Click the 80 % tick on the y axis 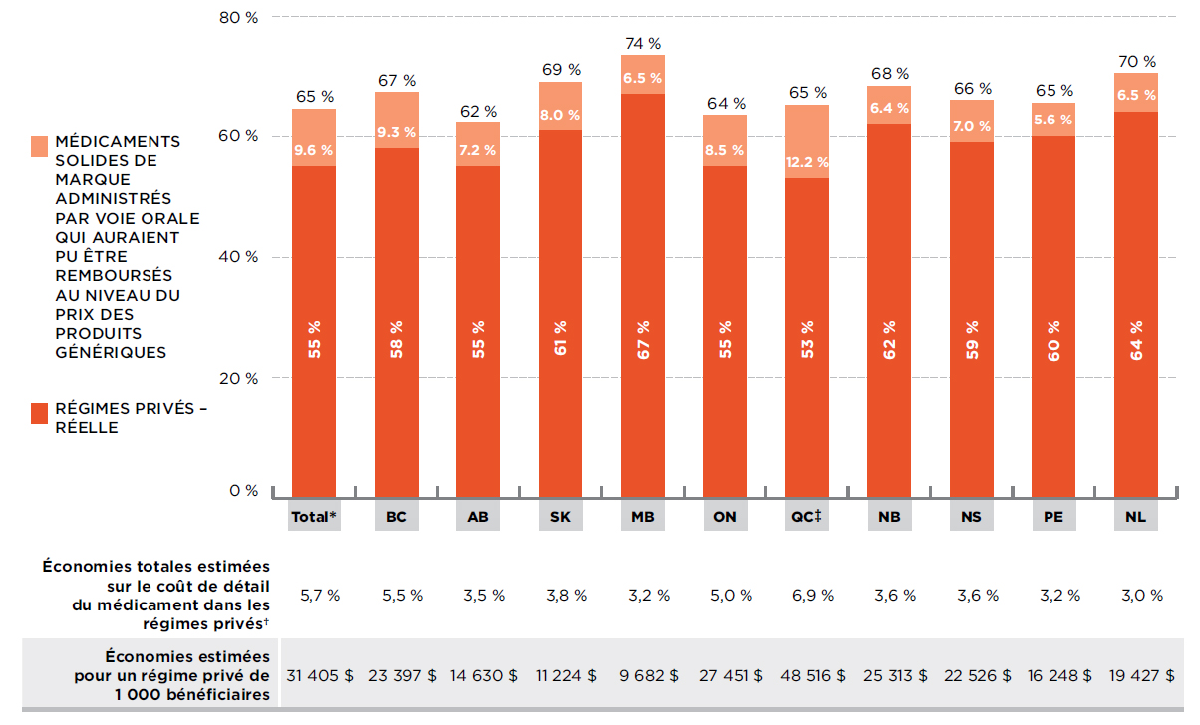coord(238,18)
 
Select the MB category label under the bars coord(643,518)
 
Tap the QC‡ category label coord(807,518)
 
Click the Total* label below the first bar coord(314,518)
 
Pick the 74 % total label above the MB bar coord(643,44)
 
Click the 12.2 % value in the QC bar coord(807,162)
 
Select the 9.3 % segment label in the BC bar coord(396,131)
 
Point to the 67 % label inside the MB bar coord(643,340)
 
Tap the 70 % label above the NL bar coord(1136,61)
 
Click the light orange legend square coord(40,146)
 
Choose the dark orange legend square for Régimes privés coord(40,413)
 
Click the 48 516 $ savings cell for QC coord(807,674)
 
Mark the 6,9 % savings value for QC coord(807,595)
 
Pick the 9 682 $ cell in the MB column coord(643,674)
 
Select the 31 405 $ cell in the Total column coord(320,674)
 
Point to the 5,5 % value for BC coord(402,595)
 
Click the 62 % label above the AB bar coord(478,111)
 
